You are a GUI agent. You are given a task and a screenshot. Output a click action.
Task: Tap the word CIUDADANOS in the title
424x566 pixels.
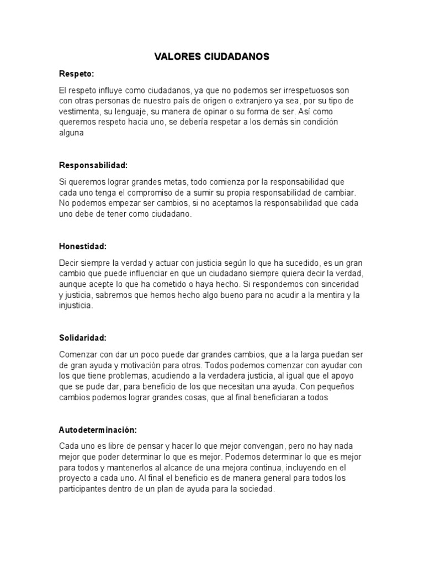point(234,56)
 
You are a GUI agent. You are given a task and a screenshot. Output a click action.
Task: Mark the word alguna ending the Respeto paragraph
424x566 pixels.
point(71,132)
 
